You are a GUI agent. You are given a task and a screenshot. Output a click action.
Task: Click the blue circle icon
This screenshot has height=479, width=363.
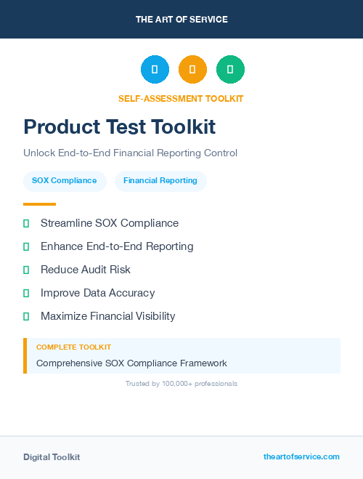click(155, 69)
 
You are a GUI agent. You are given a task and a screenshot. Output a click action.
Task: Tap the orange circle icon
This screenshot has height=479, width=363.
click(192, 69)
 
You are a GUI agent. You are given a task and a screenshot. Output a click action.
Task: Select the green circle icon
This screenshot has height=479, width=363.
click(230, 69)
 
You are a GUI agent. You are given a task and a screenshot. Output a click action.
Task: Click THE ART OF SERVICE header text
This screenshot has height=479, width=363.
click(181, 20)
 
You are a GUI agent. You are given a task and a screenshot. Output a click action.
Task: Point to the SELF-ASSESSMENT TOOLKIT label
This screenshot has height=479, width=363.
click(181, 98)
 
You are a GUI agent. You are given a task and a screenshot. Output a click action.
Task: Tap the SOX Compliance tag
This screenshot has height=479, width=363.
click(65, 180)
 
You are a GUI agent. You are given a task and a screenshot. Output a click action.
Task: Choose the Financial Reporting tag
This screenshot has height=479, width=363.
click(160, 180)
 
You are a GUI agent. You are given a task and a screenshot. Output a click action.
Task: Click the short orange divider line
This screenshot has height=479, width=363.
click(39, 204)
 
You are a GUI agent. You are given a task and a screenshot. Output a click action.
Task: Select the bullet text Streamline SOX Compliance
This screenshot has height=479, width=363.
click(110, 223)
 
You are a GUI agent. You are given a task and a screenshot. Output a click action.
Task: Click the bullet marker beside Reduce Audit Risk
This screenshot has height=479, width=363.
click(26, 270)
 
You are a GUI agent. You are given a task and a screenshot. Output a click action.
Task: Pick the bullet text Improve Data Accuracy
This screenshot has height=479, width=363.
click(97, 293)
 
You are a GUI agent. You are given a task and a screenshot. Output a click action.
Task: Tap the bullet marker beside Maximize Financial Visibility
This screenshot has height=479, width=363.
click(26, 316)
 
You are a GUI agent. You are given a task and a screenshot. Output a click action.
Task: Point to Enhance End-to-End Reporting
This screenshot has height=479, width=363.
click(117, 246)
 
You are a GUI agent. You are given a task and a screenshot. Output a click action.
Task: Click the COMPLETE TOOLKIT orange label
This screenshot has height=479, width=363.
click(73, 347)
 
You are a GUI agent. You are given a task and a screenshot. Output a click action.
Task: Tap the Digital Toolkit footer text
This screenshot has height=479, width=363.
click(52, 457)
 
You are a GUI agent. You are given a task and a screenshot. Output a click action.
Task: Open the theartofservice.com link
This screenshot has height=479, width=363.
click(301, 456)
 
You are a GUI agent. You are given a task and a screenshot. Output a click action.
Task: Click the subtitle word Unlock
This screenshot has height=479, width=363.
click(38, 153)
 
